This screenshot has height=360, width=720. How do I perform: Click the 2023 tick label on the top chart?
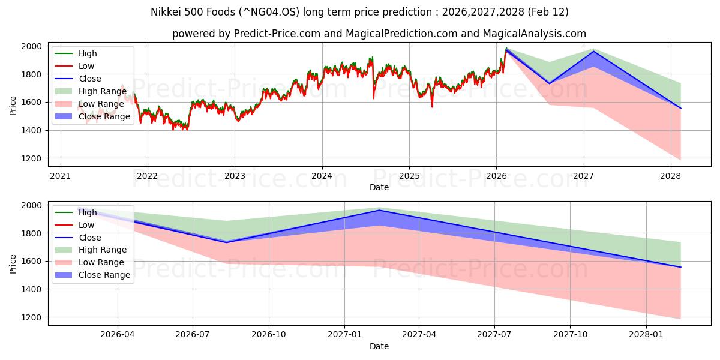tap(235, 176)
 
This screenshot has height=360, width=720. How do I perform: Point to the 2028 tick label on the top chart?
tap(671, 176)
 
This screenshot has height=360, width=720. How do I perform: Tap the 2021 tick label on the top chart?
tap(60, 176)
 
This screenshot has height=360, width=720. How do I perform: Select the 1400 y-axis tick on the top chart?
tap(32, 130)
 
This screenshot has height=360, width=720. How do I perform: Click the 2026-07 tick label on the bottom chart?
tap(193, 335)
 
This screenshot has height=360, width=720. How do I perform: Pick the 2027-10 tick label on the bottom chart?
tap(571, 335)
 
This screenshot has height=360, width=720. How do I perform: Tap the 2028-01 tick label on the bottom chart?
tap(646, 335)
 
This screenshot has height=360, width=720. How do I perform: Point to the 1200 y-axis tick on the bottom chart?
tap(32, 317)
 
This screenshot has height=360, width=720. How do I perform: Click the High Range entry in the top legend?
tap(102, 91)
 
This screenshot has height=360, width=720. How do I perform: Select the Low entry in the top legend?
tap(86, 66)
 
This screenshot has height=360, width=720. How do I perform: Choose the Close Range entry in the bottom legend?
tap(104, 275)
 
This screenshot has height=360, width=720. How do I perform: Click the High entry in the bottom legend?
tap(88, 212)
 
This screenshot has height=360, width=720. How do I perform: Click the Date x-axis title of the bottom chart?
tap(379, 346)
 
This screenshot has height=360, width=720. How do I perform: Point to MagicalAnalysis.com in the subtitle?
tap(528, 34)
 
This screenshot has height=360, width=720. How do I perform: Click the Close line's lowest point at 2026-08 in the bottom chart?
tap(226, 242)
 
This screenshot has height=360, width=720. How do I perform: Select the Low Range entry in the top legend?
tap(101, 104)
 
